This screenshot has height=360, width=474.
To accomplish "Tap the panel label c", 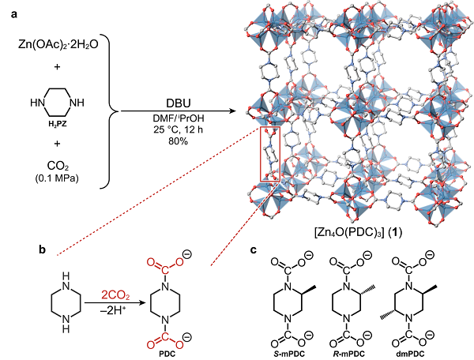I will [x=253, y=251].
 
